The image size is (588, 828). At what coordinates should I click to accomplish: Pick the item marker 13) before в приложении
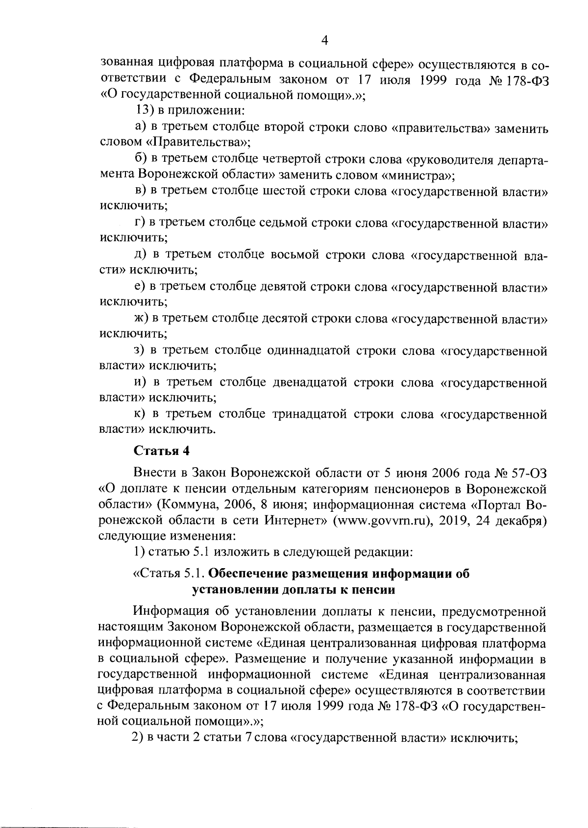point(145,111)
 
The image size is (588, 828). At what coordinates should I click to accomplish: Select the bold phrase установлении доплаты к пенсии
point(294,590)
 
